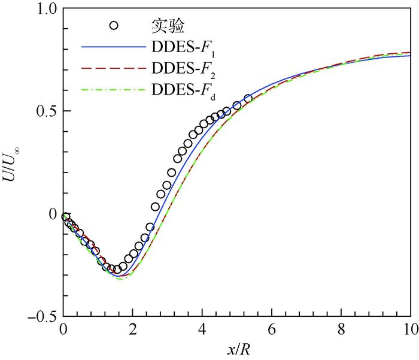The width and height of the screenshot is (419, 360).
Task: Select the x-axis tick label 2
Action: click(133, 329)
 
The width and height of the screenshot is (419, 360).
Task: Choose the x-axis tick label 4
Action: click(202, 329)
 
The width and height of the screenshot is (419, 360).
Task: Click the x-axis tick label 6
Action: click(272, 329)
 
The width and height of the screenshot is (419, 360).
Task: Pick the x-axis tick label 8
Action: click(341, 329)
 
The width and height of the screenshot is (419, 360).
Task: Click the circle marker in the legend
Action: click(114, 25)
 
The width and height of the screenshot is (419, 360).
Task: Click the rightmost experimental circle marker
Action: click(248, 99)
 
